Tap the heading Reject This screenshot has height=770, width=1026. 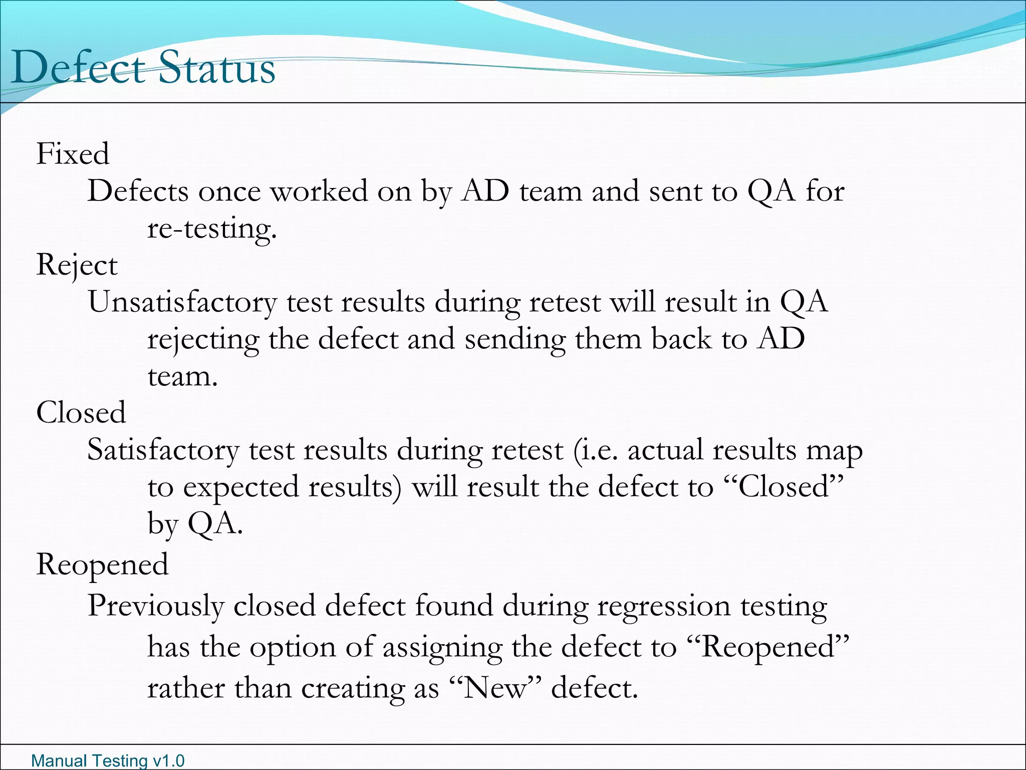[x=77, y=265]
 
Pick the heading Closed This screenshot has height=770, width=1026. [x=81, y=413]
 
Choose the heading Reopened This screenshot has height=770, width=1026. [x=102, y=565]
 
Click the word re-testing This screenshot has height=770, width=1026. [x=212, y=229]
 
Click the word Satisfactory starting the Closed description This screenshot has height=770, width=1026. [x=163, y=450]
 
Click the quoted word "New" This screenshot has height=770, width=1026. [x=493, y=688]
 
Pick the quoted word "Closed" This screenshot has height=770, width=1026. [x=784, y=487]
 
